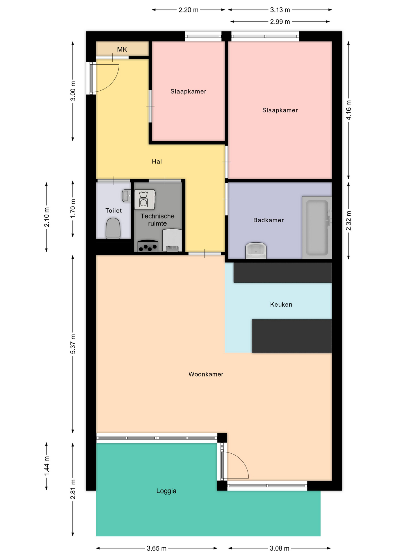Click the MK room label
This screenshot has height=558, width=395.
[x=122, y=49]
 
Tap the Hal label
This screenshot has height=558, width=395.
[x=157, y=162]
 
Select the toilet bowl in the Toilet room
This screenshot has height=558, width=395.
[x=113, y=228]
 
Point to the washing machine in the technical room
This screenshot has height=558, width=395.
[x=145, y=199]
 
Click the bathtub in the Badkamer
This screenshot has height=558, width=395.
[x=317, y=228]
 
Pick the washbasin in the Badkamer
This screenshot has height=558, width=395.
[x=256, y=251]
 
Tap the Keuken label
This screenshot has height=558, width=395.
[x=281, y=305]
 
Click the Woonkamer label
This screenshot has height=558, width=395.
[x=206, y=374]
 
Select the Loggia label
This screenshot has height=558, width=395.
[x=166, y=491]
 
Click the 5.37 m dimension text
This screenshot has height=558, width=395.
[x=73, y=344]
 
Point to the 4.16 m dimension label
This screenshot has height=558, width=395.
[x=348, y=110]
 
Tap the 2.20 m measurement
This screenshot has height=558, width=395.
[x=188, y=10]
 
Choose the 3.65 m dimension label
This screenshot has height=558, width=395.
[x=156, y=548]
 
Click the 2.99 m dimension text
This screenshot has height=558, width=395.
[x=280, y=22]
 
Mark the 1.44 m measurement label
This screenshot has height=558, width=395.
[x=47, y=466]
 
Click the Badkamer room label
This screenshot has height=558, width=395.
[x=268, y=220]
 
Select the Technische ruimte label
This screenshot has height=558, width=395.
[x=157, y=220]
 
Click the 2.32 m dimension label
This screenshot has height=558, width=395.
[x=348, y=221]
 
